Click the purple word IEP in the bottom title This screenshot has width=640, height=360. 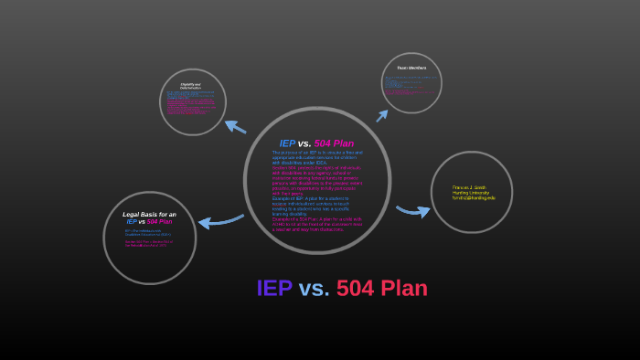click(274, 289)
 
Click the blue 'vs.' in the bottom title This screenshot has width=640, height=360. click(314, 289)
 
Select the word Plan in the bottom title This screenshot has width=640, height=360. click(404, 289)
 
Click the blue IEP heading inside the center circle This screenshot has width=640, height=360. click(287, 143)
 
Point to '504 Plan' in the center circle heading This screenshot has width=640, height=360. click(334, 143)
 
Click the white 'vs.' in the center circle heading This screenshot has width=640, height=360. click(304, 143)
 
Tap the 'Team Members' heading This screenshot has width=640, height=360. click(411, 69)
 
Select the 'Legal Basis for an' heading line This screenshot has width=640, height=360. click(149, 214)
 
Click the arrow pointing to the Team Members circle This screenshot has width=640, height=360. click(382, 115)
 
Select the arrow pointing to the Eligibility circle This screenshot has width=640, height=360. click(235, 127)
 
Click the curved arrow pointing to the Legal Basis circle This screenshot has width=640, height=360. click(219, 221)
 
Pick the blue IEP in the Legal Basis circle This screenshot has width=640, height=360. click(132, 221)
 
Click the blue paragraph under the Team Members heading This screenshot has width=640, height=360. click(411, 83)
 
